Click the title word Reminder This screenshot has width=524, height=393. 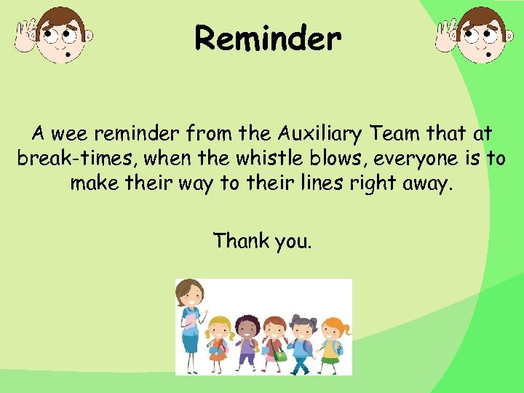(x=267, y=39)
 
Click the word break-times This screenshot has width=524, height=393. (x=63, y=159)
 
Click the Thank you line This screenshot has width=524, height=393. (x=262, y=240)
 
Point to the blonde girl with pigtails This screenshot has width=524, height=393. (x=219, y=338)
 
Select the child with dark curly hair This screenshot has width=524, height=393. (x=246, y=336)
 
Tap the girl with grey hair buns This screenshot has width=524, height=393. (x=302, y=336)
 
